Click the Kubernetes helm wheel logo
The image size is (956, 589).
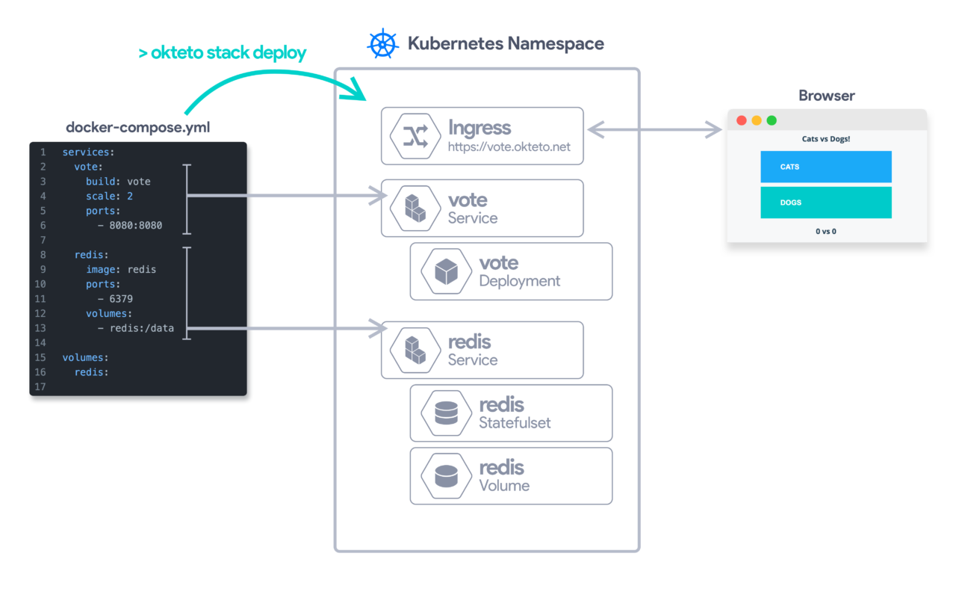point(382,43)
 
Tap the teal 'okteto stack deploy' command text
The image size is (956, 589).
point(222,53)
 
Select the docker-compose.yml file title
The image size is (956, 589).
point(137,127)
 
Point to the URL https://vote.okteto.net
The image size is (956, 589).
point(509,147)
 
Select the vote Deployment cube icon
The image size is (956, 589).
point(446,271)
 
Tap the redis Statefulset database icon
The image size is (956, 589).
point(446,413)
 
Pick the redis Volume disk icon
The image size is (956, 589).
point(446,475)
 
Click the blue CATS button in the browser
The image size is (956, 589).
point(825,167)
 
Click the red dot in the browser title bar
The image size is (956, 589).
point(742,120)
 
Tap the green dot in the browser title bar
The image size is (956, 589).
point(772,120)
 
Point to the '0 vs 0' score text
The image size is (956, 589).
point(825,232)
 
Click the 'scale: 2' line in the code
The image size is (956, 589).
point(109,196)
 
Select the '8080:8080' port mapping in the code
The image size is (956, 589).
point(135,225)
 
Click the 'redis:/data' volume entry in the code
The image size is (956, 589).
point(141,328)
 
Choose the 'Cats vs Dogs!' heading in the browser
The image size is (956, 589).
point(825,139)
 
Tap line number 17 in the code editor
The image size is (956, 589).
point(40,386)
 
